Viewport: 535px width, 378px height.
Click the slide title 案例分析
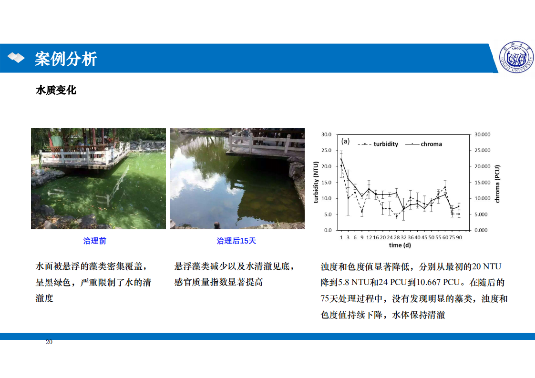tap(66, 59)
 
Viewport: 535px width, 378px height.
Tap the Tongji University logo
tap(516, 57)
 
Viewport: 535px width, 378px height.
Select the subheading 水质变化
tap(56, 90)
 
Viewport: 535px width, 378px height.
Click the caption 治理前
tap(94, 241)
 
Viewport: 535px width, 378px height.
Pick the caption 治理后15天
tap(236, 241)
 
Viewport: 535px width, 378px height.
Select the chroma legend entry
tap(423, 144)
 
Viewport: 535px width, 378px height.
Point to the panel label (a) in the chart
tap(345, 141)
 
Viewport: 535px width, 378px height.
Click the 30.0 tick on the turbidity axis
tap(326, 134)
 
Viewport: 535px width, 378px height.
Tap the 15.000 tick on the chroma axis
tap(483, 183)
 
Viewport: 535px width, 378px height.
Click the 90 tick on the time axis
tap(459, 237)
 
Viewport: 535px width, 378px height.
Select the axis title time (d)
tap(400, 245)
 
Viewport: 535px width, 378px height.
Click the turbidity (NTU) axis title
tap(316, 182)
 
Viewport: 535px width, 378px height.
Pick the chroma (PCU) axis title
tap(497, 184)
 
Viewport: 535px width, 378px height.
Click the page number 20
tap(49, 342)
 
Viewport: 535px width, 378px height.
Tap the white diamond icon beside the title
tap(16, 58)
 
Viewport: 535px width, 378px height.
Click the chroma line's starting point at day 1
tap(341, 159)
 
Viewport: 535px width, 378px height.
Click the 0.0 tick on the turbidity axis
tap(328, 230)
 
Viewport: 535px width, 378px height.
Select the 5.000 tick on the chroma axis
tap(481, 214)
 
